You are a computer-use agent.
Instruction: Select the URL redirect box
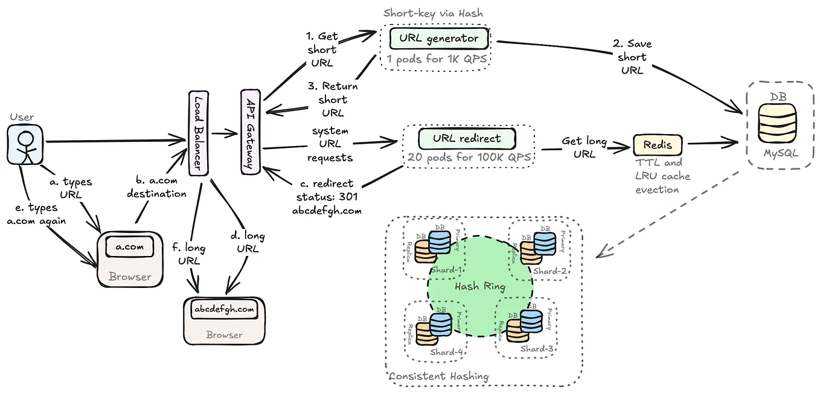467,139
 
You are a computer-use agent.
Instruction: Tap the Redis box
657,144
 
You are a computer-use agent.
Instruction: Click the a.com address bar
129,247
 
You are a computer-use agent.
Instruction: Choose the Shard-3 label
536,348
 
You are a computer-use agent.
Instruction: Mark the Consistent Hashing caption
438,376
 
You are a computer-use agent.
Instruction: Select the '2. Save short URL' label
632,57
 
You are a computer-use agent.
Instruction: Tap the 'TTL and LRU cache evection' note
662,176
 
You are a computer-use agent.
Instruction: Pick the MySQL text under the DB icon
780,153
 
